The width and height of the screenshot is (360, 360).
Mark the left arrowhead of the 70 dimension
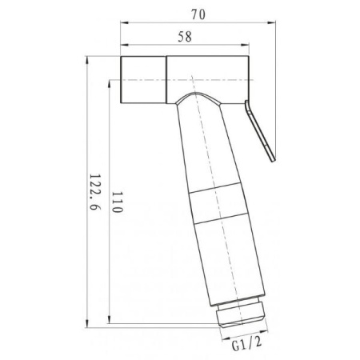click(x=123, y=23)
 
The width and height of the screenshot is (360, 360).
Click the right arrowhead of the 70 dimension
click(x=274, y=23)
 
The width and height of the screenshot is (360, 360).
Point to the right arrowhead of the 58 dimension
click(x=250, y=48)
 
